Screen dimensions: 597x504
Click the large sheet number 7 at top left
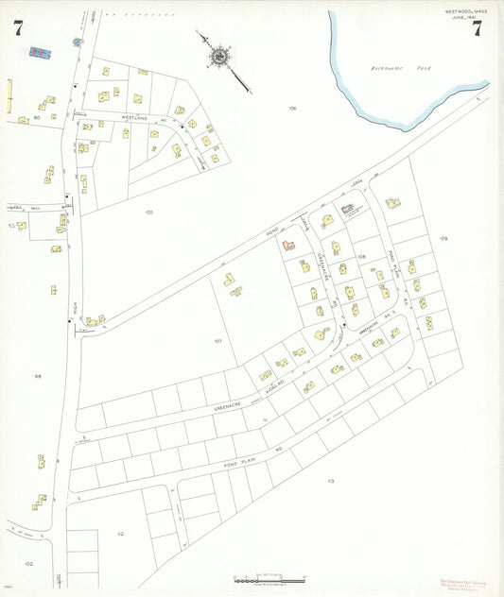tap(18, 27)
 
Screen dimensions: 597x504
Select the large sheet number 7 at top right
tap(477, 27)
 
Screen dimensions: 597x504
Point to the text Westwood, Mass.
tap(465, 11)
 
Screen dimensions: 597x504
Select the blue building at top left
tap(40, 52)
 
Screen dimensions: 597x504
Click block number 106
tap(292, 109)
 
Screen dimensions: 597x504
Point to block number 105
tap(148, 212)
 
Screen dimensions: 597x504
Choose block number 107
tap(217, 340)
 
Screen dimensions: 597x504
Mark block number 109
tap(443, 238)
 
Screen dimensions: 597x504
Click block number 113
tap(331, 481)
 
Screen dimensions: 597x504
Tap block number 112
tap(120, 534)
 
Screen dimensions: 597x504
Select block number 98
tap(38, 376)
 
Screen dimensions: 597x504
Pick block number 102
tap(28, 563)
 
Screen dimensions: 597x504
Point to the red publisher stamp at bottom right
tap(463, 585)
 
